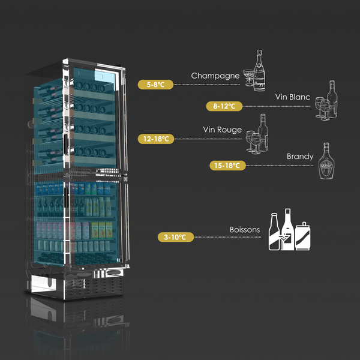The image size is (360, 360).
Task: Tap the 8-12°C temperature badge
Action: [223, 106]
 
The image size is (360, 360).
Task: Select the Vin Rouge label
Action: [222, 130]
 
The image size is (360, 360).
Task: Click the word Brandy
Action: [299, 157]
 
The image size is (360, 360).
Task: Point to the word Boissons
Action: [244, 230]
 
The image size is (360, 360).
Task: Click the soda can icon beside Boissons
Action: [304, 235]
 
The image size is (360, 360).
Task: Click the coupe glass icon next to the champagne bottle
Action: [247, 77]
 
